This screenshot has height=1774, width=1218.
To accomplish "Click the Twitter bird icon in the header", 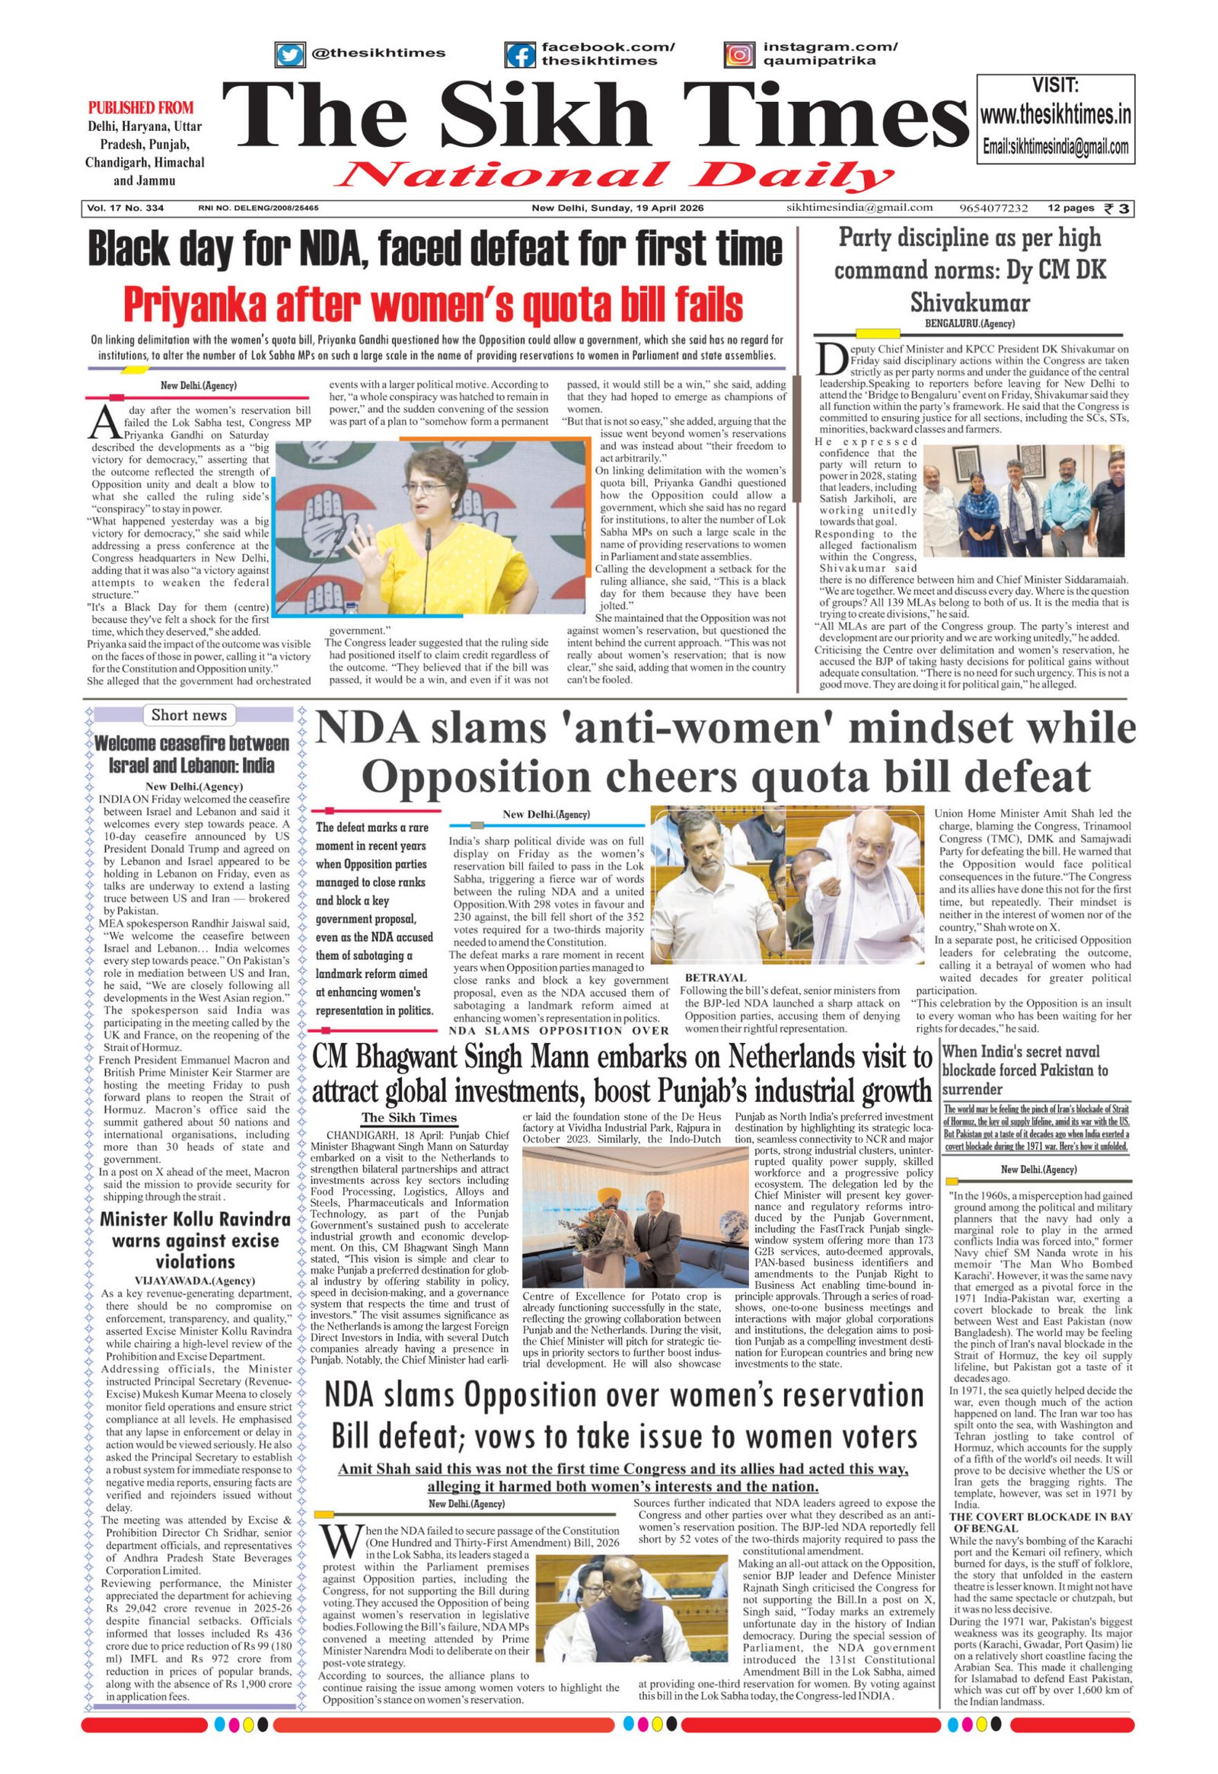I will pyautogui.click(x=289, y=55).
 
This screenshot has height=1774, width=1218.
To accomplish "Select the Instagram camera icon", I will pyautogui.click(x=738, y=56).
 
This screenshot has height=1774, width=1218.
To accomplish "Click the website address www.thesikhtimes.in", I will pyautogui.click(x=1055, y=115).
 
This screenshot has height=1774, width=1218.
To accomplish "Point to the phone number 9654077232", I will pyautogui.click(x=994, y=209).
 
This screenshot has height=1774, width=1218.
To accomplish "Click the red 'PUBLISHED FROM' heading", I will pyautogui.click(x=141, y=107).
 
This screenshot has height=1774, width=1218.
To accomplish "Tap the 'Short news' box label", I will pyautogui.click(x=189, y=715).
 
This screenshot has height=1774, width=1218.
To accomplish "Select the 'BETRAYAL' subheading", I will pyautogui.click(x=715, y=978).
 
